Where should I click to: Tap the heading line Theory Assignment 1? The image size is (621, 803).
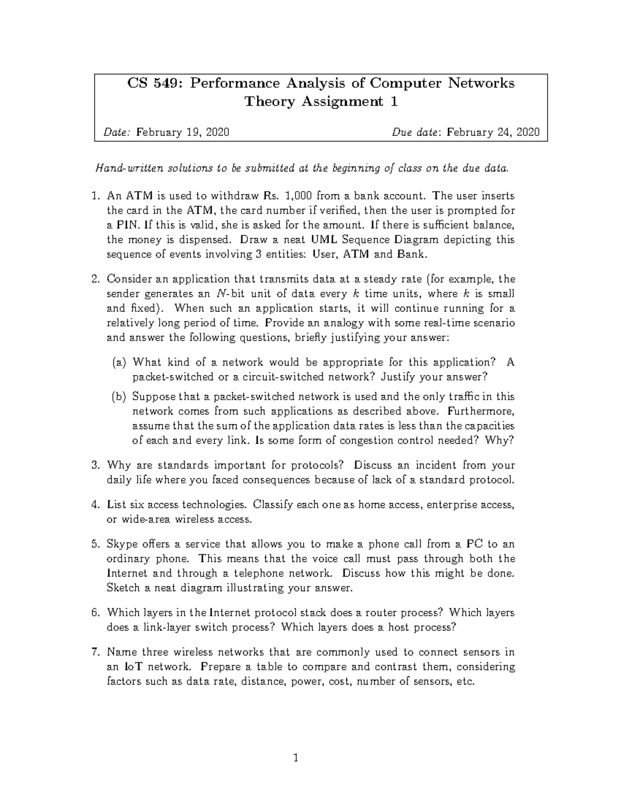321,101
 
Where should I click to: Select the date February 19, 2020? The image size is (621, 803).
183,132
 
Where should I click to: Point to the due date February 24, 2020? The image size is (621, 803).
493,132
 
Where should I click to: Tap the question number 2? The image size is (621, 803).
95,279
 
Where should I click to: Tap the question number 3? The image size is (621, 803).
95,465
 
